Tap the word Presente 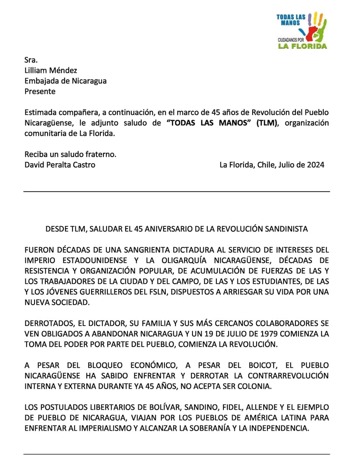click(40, 91)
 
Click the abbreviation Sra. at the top click(31, 60)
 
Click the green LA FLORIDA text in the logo click(302, 46)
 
